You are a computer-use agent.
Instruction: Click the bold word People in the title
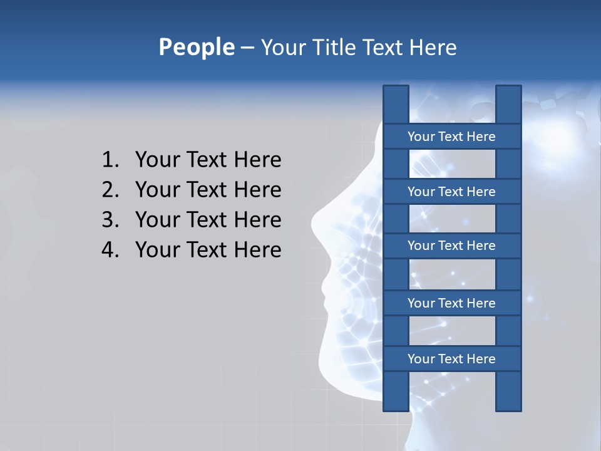(196, 47)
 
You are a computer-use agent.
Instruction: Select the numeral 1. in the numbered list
(110, 160)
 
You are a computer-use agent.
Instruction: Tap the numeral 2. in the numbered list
(110, 190)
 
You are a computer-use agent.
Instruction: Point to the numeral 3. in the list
(110, 220)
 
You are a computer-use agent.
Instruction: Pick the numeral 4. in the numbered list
(110, 250)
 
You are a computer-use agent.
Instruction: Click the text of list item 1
(208, 160)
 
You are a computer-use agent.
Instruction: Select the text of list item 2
(208, 190)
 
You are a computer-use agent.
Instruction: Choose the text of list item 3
(208, 220)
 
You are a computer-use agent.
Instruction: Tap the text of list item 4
(208, 250)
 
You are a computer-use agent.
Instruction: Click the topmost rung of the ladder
(451, 137)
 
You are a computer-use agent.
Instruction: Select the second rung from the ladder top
(451, 192)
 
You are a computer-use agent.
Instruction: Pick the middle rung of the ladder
(451, 246)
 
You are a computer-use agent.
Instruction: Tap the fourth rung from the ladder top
(451, 303)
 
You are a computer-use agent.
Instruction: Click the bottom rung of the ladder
(451, 359)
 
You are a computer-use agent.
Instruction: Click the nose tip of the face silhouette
(313, 220)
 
